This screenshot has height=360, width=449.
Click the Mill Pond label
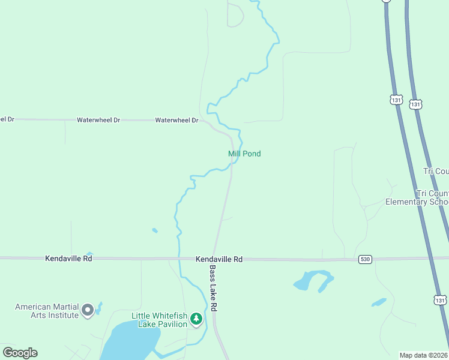coord(244,154)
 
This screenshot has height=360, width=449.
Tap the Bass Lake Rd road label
coord(213,289)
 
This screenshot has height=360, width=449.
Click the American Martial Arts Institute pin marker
coord(88,310)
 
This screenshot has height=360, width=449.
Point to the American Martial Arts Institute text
coord(46,311)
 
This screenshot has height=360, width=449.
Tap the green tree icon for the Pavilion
coord(196,319)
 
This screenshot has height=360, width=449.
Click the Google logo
coord(20,353)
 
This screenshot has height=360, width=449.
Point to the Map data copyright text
coord(424,355)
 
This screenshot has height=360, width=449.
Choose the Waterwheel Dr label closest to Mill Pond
coord(176,120)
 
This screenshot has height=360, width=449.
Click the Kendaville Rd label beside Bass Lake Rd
coord(219,259)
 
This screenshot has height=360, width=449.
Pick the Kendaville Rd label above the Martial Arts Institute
coord(68,259)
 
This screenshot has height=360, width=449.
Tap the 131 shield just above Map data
coord(441,298)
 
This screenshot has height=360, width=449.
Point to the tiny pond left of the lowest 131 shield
coord(378,302)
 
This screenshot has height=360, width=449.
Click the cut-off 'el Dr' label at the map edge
coord(7,119)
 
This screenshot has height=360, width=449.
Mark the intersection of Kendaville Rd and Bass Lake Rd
coord(209,259)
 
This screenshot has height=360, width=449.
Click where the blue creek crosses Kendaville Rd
coord(179,259)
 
